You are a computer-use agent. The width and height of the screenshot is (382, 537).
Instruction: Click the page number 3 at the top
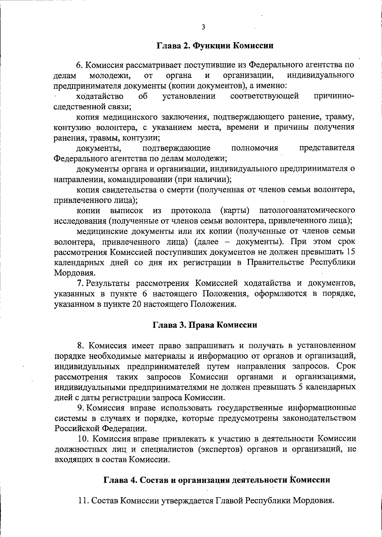click(203, 27)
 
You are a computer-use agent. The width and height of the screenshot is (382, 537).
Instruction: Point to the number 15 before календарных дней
click(350, 252)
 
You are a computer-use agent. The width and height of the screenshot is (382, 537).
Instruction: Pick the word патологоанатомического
click(307, 211)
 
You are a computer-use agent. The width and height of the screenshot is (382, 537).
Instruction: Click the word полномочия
click(255, 148)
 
